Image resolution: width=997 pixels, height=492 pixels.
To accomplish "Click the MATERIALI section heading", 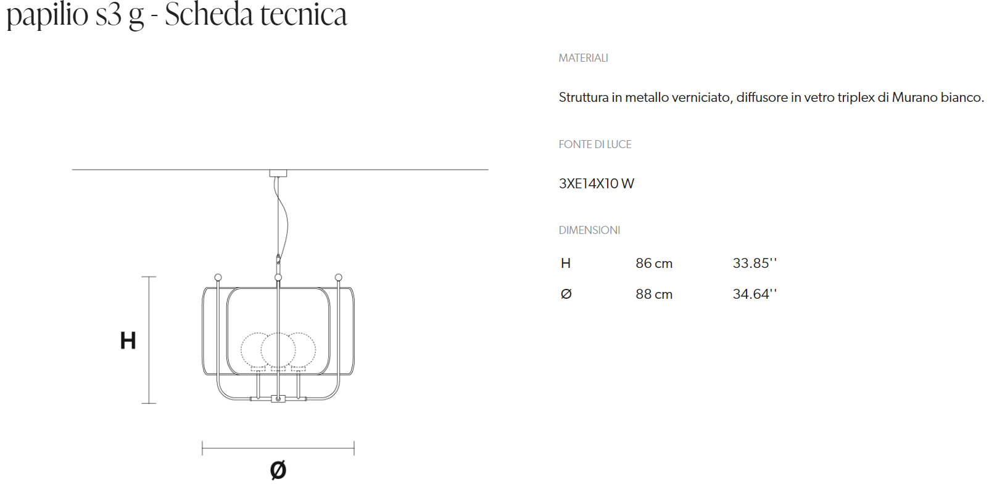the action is pyautogui.click(x=583, y=58).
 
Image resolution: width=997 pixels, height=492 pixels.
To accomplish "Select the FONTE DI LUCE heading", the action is pyautogui.click(x=595, y=144).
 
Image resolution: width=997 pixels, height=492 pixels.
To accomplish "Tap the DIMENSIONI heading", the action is pyautogui.click(x=589, y=230).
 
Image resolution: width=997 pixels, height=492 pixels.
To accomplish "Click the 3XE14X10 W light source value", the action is pyautogui.click(x=597, y=183).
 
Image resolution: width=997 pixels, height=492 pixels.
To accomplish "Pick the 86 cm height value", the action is pyautogui.click(x=654, y=264).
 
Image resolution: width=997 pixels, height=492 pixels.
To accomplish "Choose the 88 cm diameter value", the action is pyautogui.click(x=654, y=294).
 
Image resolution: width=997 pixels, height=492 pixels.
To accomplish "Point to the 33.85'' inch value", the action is pyautogui.click(x=755, y=264).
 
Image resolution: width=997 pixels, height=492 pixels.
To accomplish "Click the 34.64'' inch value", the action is pyautogui.click(x=755, y=294).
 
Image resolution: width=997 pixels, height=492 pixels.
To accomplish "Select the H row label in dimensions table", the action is pyautogui.click(x=566, y=264).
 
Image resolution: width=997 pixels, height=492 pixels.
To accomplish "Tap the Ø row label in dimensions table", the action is pyautogui.click(x=566, y=294).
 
